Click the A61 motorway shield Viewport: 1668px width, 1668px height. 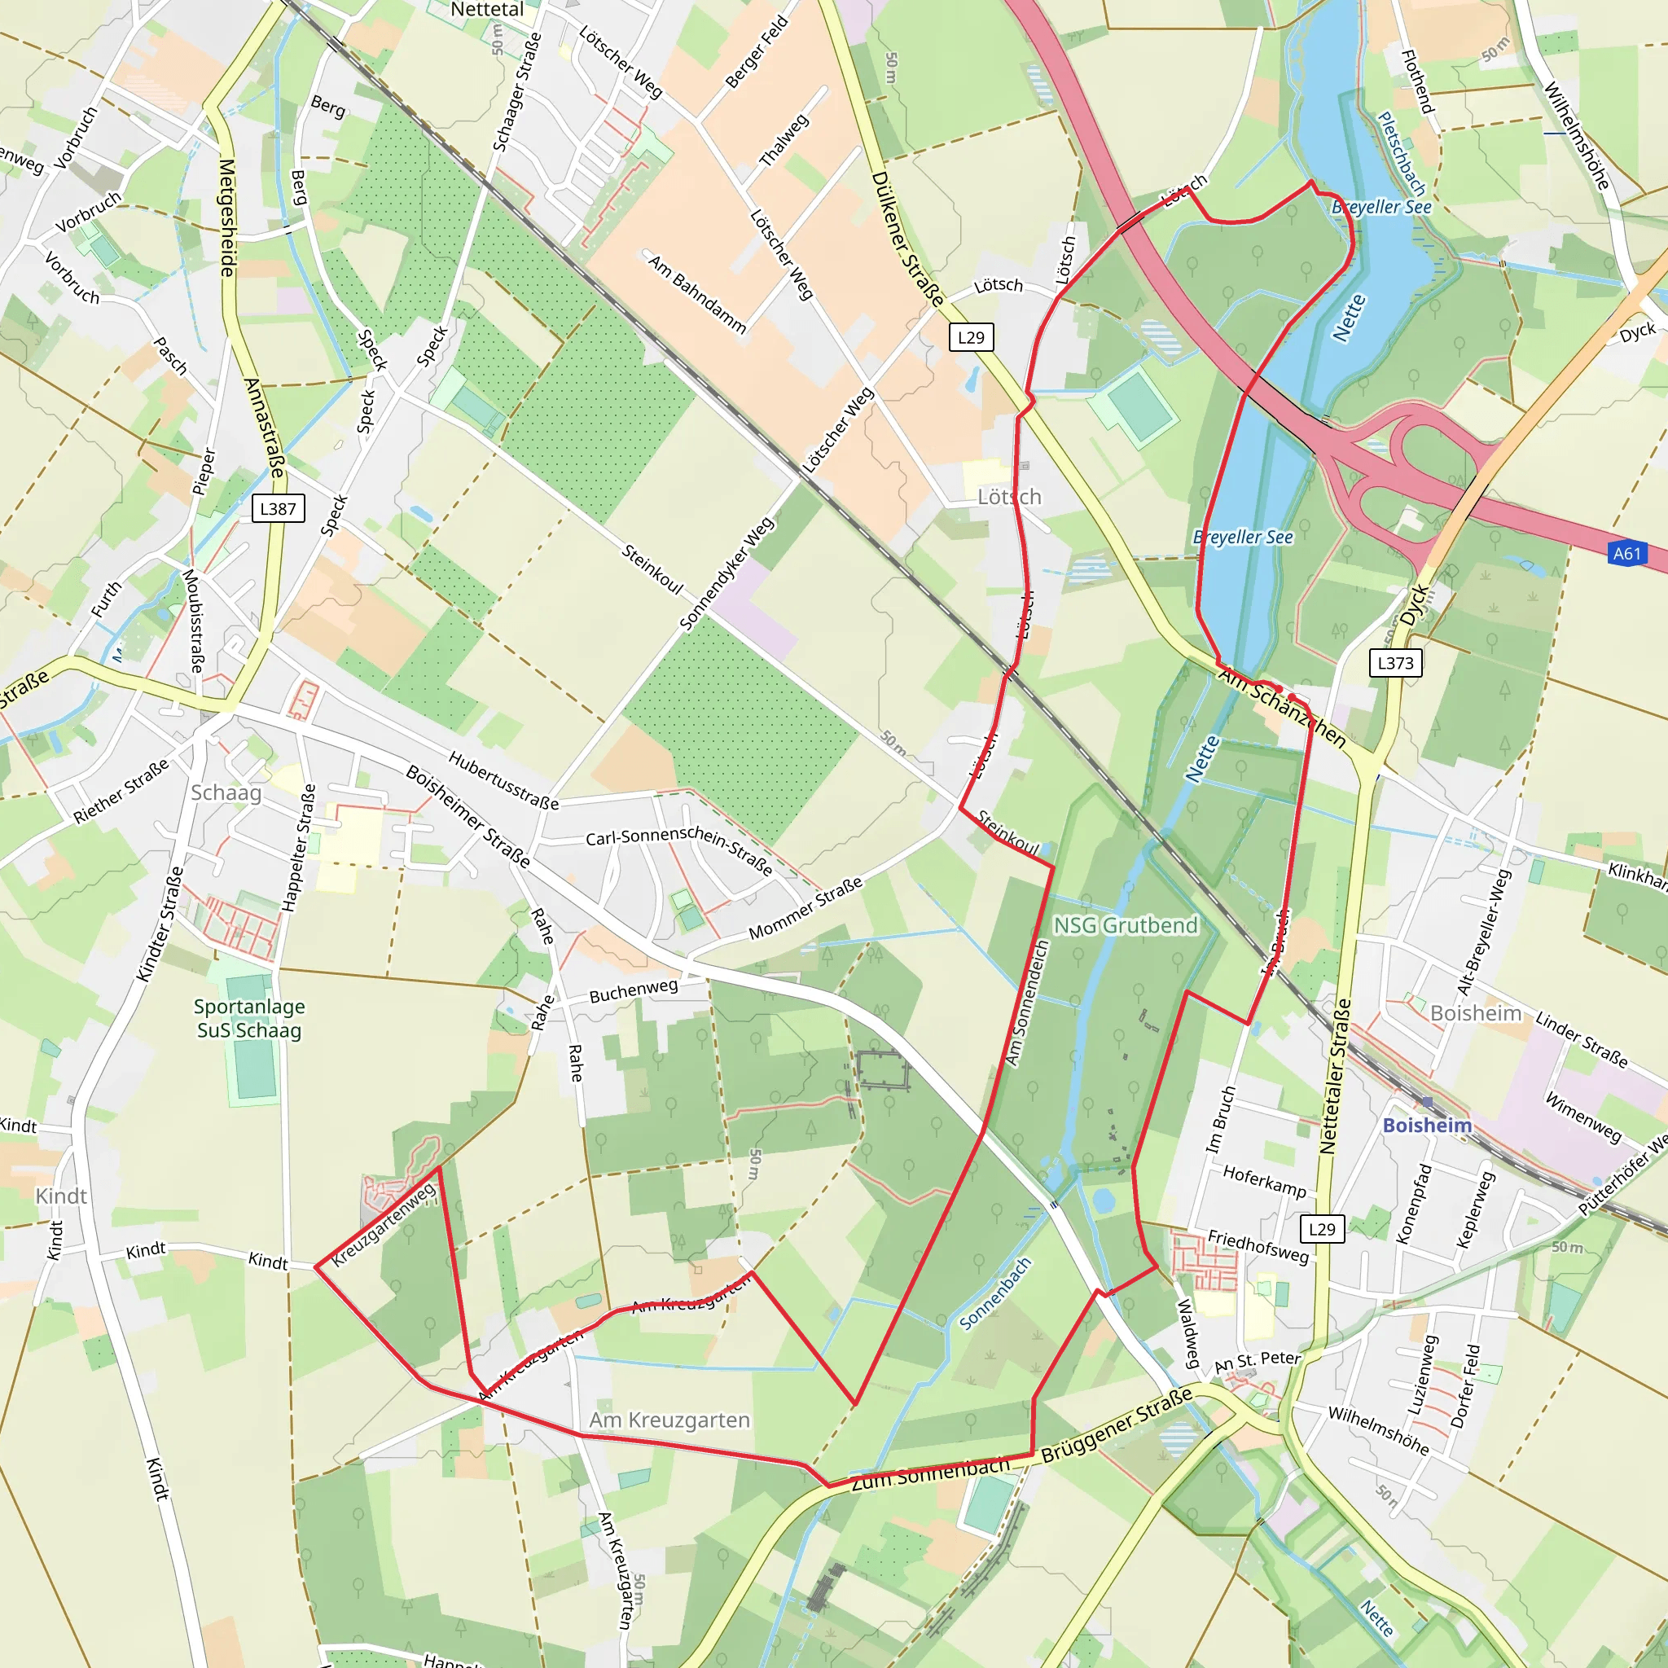1626,553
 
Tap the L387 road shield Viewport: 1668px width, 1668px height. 278,508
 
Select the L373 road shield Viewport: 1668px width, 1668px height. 1395,662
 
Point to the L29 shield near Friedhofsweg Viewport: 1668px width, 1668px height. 1322,1228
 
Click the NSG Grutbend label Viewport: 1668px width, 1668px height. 1126,924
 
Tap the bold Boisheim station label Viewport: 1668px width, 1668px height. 1427,1125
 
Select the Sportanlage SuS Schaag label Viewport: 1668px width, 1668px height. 248,1018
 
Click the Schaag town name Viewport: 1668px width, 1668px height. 226,792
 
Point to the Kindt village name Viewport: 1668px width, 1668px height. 61,1196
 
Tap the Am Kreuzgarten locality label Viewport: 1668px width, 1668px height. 669,1420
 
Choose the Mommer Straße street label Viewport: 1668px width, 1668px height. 805,908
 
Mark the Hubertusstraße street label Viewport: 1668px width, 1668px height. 503,779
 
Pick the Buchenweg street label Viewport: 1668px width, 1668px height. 633,991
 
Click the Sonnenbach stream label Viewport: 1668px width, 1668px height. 995,1293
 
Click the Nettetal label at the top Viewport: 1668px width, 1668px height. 487,10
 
